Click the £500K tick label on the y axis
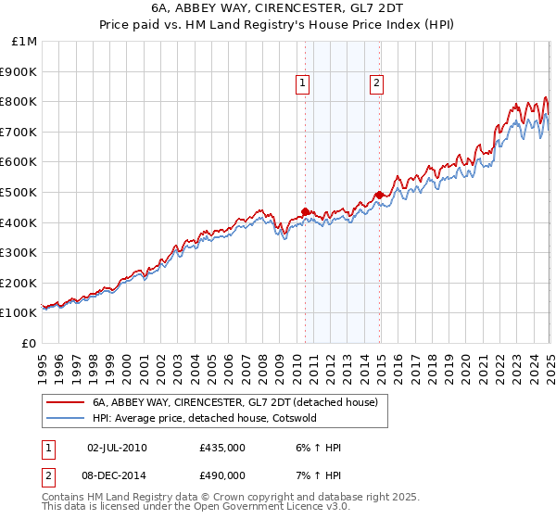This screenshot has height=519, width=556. coord(19,192)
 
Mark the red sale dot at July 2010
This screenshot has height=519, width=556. coord(305,211)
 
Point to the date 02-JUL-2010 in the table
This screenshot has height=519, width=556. coord(117,448)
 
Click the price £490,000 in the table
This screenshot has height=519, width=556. coord(222,475)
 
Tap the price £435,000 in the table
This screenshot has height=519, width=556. coord(222,448)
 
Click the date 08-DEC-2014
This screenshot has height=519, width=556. coord(117,475)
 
